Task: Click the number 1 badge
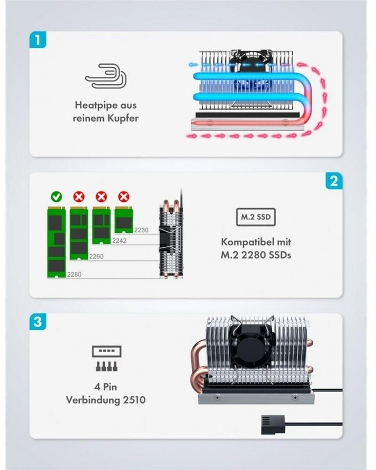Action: [38, 40]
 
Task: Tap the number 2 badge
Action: [334, 181]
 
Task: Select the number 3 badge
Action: [38, 322]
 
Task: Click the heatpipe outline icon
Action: [106, 76]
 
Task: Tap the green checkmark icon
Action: [56, 196]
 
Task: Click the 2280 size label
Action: [74, 275]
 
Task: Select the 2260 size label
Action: [96, 256]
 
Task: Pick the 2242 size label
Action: [119, 240]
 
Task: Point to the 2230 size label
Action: [141, 230]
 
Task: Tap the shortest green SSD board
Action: [124, 219]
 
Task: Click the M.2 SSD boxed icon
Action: [256, 217]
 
